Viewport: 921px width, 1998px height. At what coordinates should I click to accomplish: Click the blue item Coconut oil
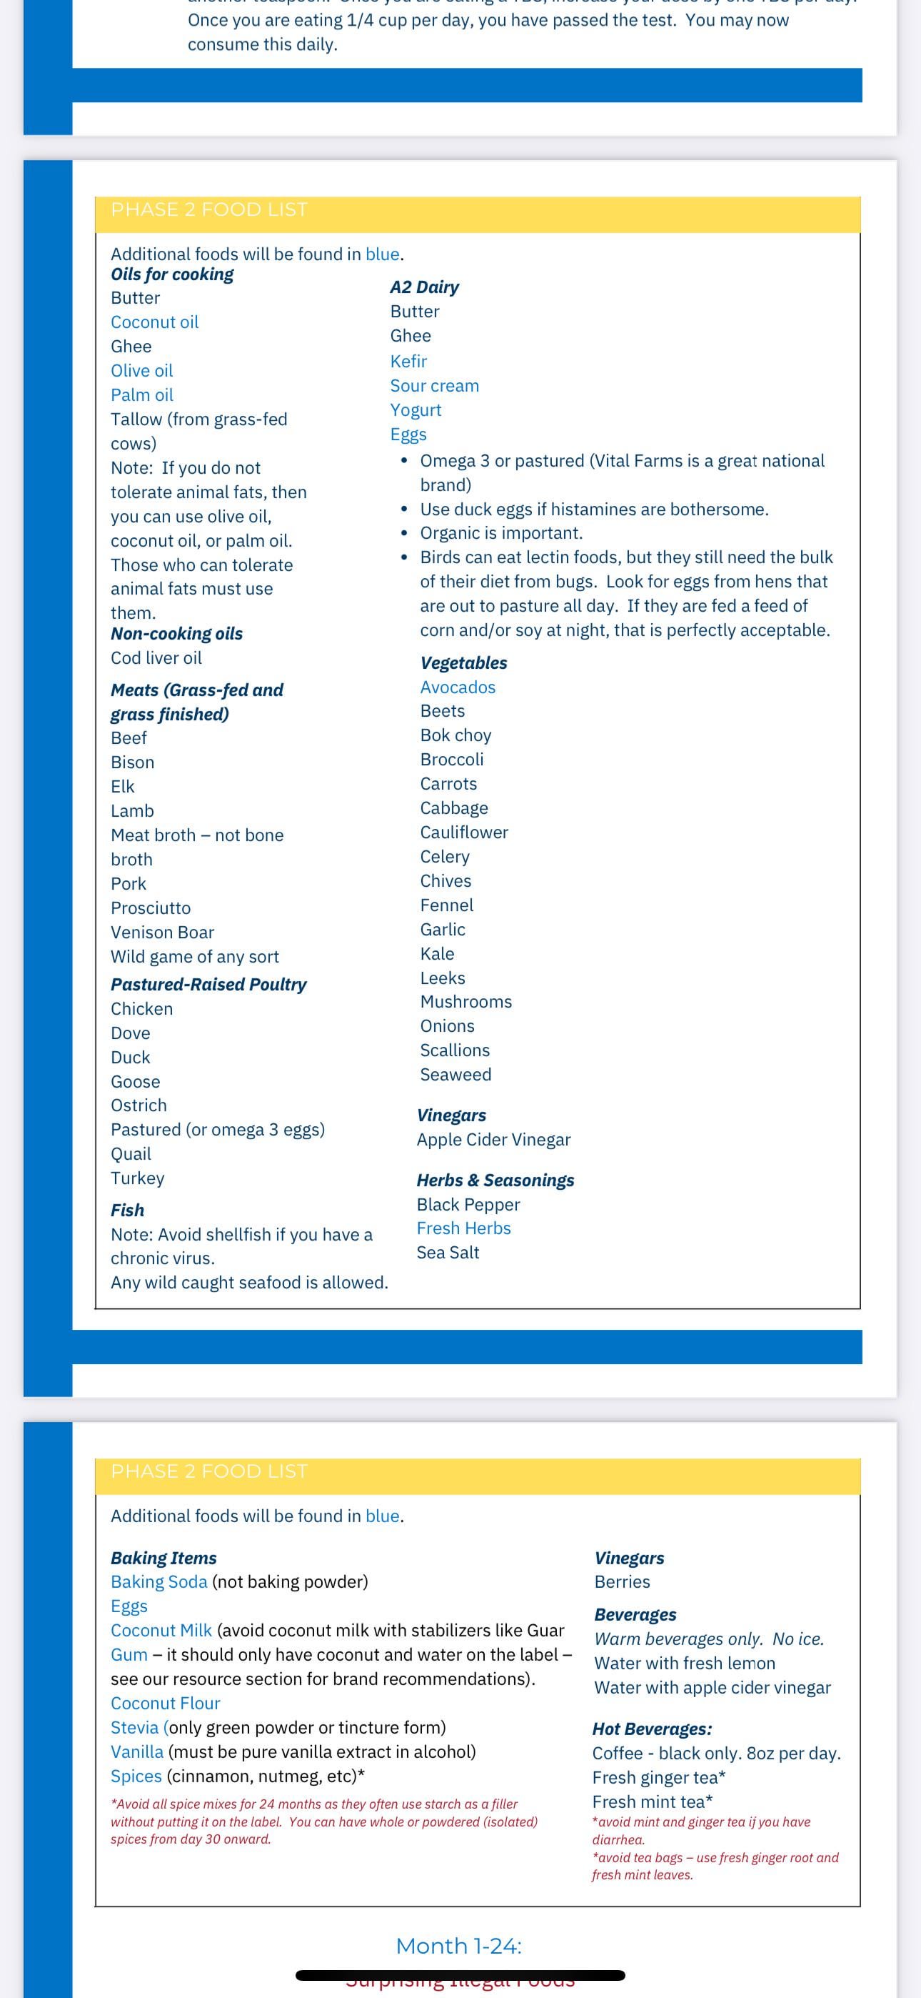[154, 322]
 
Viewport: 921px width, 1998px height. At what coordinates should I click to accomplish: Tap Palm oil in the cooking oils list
[142, 394]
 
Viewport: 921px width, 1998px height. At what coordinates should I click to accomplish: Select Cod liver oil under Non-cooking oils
[156, 657]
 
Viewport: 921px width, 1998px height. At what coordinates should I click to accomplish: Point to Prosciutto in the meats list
[151, 908]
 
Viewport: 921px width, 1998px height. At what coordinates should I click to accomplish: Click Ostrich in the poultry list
[139, 1105]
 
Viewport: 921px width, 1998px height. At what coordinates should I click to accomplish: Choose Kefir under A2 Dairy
[408, 362]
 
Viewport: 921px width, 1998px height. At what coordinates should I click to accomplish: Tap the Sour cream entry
[434, 385]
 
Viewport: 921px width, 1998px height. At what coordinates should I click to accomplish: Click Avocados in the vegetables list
[458, 687]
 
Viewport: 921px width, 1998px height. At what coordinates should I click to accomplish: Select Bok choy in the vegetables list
[456, 735]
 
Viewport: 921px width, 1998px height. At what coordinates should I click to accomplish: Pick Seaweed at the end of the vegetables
[456, 1074]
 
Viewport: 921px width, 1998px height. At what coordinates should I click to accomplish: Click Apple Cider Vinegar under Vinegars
[493, 1139]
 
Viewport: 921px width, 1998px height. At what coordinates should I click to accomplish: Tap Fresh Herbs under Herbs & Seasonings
[463, 1228]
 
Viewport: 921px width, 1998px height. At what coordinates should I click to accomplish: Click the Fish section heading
[127, 1210]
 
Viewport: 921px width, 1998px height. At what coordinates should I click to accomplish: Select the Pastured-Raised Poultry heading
[208, 984]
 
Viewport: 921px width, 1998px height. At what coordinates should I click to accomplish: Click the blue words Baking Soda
[159, 1581]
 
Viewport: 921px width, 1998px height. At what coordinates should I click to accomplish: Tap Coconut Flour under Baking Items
[165, 1704]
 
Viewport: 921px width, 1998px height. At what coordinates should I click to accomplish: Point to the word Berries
[622, 1581]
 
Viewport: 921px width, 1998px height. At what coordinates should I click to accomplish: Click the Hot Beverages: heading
[652, 1729]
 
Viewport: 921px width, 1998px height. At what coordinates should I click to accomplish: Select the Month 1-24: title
[459, 1945]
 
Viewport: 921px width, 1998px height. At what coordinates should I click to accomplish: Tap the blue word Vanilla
[137, 1751]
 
